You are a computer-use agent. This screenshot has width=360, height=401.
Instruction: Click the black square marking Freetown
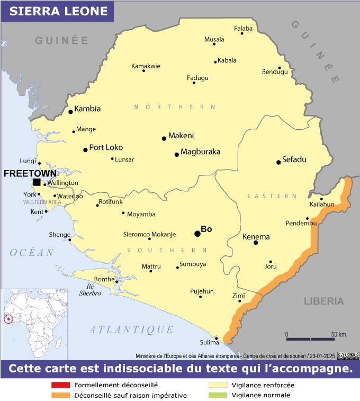tap(37, 182)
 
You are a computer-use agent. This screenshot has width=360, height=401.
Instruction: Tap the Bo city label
tap(206, 229)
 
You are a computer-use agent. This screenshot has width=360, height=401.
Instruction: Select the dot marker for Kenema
tap(256, 243)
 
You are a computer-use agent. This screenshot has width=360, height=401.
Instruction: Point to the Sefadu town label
tap(294, 159)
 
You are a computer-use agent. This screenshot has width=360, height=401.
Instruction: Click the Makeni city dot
tap(164, 139)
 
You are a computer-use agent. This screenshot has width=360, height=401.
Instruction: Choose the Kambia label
tap(87, 109)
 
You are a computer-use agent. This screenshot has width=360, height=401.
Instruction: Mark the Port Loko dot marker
tap(85, 150)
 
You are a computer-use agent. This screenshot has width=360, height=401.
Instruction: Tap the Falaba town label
tap(243, 28)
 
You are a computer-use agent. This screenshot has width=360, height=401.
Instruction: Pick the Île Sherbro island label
tap(90, 290)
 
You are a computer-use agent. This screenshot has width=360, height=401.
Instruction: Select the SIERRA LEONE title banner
tap(57, 11)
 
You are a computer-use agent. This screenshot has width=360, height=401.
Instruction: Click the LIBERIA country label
tap(323, 301)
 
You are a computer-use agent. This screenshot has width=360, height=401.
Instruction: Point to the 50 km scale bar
tap(311, 338)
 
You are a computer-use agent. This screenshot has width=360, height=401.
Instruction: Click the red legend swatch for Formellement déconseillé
tap(61, 385)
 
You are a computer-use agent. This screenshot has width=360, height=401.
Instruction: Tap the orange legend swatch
tap(61, 395)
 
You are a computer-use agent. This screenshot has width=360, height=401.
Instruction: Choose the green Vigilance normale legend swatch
tap(218, 395)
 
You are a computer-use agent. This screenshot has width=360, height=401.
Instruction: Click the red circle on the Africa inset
tap(8, 319)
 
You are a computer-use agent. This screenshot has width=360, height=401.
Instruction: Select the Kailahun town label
tap(322, 204)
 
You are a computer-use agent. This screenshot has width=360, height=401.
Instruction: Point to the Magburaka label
tap(200, 152)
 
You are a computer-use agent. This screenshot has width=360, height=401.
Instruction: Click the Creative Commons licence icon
tap(349, 356)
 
